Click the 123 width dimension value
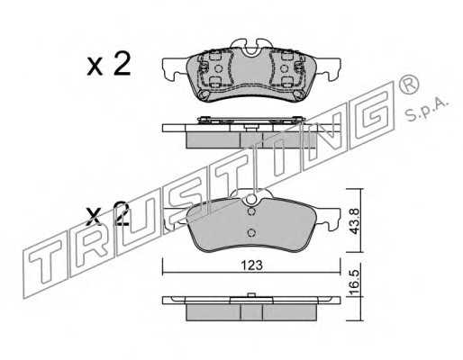click(252, 265)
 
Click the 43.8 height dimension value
click(355, 221)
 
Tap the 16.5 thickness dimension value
click(355, 282)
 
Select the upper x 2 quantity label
click(109, 64)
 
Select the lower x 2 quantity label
click(107, 213)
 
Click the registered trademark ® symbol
click(409, 84)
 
